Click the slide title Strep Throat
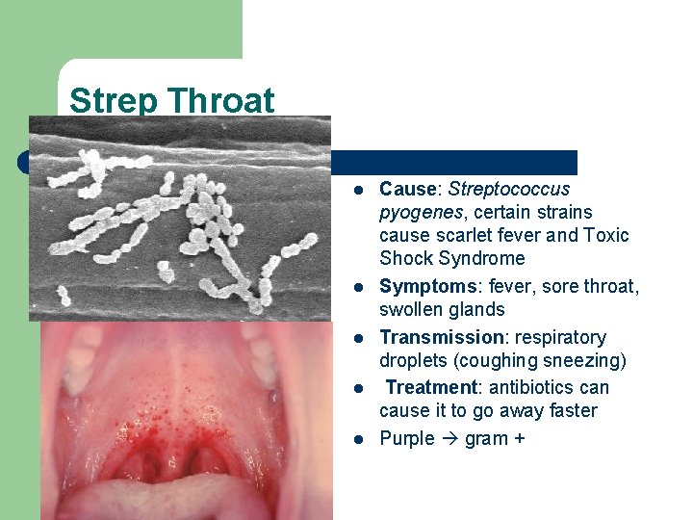171,100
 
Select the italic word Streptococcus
509,189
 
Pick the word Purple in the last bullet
407,439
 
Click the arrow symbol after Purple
449,439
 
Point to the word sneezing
586,360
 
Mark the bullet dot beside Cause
356,190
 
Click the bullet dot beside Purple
356,440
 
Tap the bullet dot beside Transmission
356,338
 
